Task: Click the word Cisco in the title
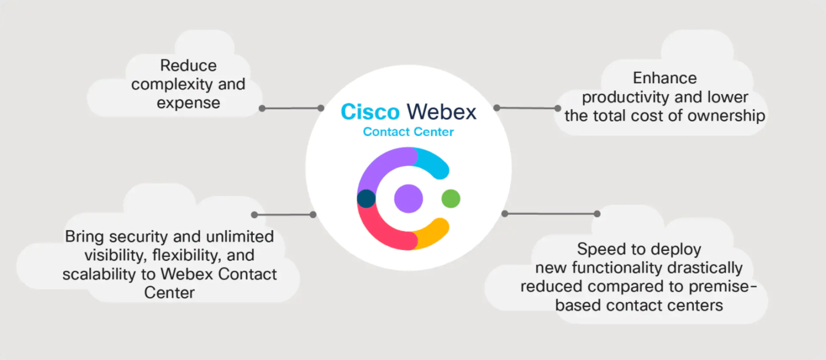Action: pos(370,112)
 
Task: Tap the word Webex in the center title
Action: pos(442,112)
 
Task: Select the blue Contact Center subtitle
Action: pos(408,132)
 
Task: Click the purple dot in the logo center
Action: pos(408,198)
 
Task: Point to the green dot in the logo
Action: pos(450,198)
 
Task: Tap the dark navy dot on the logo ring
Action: pos(366,198)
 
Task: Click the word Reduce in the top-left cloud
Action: pos(188,66)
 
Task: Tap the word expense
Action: pos(188,103)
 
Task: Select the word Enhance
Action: pos(665,78)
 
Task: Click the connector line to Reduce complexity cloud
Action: pos(291,108)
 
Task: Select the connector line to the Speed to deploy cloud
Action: pos(551,213)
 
